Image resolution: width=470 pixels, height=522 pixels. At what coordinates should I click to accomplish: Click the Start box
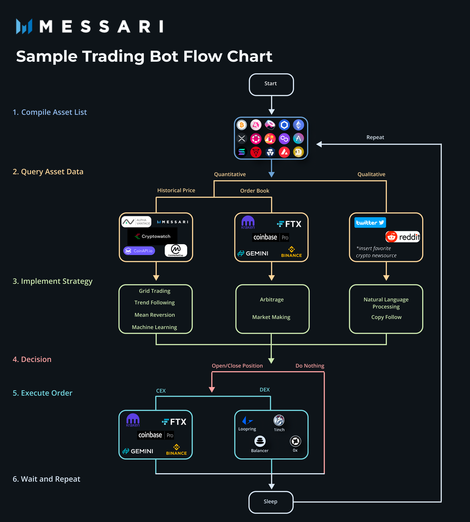271,85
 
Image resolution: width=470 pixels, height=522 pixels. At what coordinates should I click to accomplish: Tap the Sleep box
271,502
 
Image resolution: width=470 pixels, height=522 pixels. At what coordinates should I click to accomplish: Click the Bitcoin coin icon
242,125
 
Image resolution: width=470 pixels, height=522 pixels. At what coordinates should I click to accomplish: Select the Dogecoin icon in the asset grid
298,152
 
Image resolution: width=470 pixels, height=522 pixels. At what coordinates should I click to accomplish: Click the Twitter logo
370,222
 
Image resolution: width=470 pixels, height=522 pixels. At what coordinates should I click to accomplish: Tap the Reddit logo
403,237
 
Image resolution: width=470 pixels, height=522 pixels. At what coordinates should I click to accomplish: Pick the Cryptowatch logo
153,237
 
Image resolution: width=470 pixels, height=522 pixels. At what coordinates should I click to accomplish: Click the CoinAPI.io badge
139,251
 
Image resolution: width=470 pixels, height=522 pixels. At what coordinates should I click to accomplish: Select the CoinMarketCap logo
176,250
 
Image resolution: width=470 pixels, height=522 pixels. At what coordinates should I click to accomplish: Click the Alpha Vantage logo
136,222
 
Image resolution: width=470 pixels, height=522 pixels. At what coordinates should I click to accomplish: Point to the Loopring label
247,429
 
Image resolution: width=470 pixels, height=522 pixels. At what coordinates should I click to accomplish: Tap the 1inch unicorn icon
279,420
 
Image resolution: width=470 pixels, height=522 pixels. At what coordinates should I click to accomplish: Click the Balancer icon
260,441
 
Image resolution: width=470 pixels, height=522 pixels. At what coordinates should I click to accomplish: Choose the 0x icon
295,441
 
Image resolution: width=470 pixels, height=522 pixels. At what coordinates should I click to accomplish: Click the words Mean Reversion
155,315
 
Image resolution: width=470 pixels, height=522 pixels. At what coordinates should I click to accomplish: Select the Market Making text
271,317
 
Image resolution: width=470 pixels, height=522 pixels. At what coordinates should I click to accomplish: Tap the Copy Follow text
386,317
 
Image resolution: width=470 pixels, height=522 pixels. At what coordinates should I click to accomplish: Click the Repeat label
375,137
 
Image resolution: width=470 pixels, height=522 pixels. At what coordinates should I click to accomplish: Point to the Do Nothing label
310,366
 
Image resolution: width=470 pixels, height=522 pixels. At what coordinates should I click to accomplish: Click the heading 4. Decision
32,359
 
